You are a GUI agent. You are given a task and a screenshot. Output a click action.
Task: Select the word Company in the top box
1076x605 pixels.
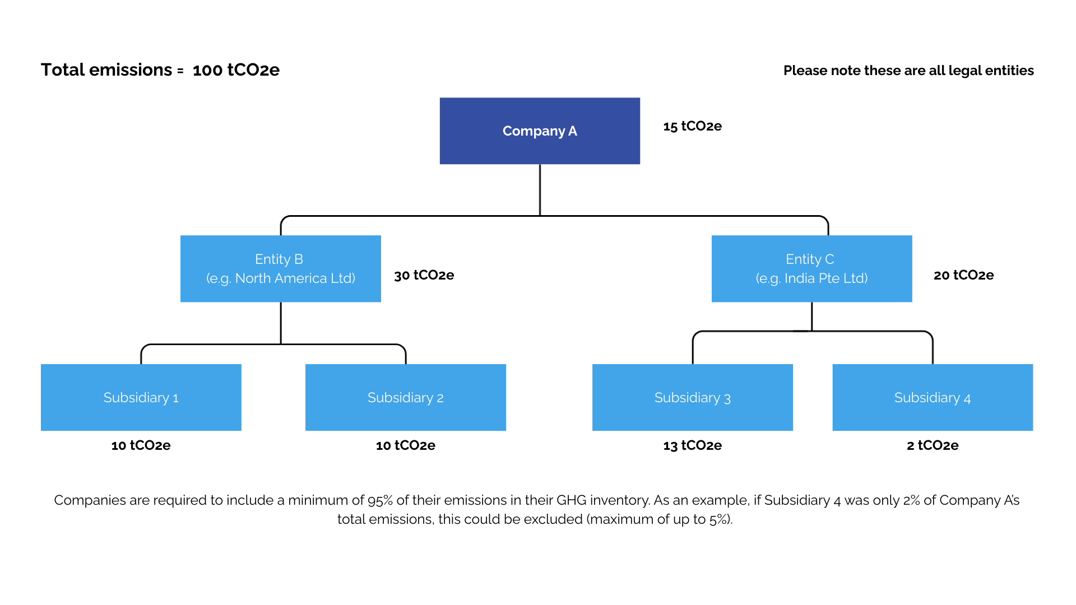[534, 131]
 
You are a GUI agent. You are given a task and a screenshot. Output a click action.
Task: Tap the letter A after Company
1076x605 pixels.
[572, 131]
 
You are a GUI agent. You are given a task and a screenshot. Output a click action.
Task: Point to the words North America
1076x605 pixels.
[281, 278]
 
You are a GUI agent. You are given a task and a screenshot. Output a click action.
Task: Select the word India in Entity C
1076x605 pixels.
[800, 278]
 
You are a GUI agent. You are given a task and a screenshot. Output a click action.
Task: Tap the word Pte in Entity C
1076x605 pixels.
[829, 278]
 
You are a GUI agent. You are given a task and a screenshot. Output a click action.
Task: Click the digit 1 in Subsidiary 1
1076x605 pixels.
[175, 398]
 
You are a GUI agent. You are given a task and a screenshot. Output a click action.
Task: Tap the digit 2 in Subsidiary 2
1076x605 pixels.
[440, 398]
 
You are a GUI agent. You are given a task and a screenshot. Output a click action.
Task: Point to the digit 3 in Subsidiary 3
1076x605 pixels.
[727, 398]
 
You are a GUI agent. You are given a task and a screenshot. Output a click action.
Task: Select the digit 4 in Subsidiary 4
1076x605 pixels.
[967, 398]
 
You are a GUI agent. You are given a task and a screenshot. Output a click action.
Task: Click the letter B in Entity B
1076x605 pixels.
[298, 259]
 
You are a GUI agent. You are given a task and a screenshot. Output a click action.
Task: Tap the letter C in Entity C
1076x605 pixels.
[829, 259]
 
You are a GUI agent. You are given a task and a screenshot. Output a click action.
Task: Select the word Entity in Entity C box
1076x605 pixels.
[803, 259]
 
